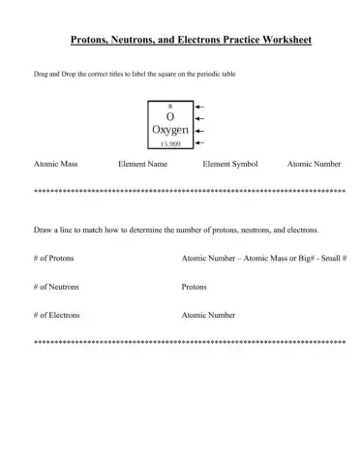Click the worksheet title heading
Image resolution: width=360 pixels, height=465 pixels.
tap(180, 42)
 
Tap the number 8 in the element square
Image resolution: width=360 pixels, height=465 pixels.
tap(170, 106)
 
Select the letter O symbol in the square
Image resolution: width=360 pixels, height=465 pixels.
tap(170, 116)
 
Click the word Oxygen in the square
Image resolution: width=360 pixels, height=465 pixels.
tap(170, 129)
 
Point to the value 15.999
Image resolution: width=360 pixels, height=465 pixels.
tap(170, 141)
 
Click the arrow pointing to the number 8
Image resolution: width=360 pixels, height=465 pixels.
tap(199, 106)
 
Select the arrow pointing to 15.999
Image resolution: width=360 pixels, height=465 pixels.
tap(199, 141)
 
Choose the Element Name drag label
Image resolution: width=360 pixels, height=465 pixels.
tap(142, 165)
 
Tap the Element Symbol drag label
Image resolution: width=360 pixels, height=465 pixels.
tap(230, 165)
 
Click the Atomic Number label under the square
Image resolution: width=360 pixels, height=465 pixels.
tap(314, 165)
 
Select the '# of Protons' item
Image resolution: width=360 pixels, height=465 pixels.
tap(52, 259)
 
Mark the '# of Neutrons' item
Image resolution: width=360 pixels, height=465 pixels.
tap(55, 287)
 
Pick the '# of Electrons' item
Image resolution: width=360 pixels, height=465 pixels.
tap(56, 315)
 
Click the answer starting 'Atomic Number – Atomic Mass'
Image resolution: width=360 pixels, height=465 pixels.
tap(264, 259)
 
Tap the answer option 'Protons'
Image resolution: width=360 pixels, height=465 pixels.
tap(194, 287)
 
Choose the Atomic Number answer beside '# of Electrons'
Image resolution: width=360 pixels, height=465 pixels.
tap(208, 315)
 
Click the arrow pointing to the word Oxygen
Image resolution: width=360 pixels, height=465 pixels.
tap(199, 129)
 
